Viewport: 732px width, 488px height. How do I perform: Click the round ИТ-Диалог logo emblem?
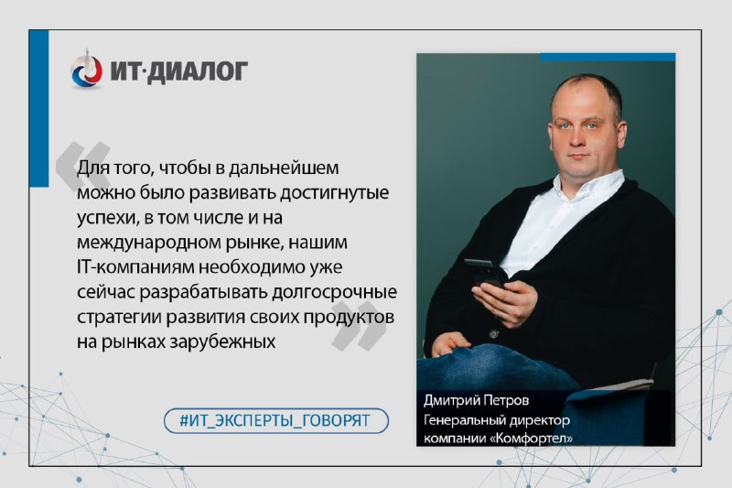click(86, 71)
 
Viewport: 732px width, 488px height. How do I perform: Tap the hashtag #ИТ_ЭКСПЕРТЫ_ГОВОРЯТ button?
click(276, 420)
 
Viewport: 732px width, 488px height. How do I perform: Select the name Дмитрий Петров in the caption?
click(476, 401)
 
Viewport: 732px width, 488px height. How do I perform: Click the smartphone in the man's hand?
click(484, 274)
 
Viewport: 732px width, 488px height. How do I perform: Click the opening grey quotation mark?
click(83, 165)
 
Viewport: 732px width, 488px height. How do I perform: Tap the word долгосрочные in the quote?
click(334, 292)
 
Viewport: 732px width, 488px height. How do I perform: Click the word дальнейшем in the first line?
click(284, 168)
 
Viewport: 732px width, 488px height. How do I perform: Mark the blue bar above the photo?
click(608, 57)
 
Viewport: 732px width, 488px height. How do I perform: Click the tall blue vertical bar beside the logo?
click(39, 108)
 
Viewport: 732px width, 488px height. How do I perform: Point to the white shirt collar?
click(589, 183)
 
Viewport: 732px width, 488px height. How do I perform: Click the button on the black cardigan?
click(493, 333)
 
